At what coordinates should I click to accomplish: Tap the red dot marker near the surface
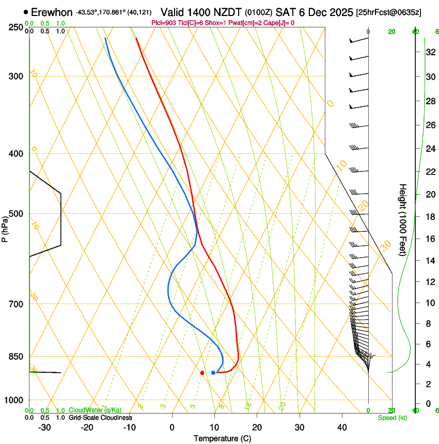click(202, 373)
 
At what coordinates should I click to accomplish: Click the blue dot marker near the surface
click(213, 373)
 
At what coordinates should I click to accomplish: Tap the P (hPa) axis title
click(5, 227)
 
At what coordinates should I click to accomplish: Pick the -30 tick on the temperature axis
click(44, 427)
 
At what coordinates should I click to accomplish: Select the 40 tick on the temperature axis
click(341, 427)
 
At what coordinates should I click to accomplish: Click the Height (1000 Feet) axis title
click(403, 219)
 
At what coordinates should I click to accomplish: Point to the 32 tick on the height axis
click(429, 52)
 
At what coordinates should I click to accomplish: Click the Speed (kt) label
click(392, 418)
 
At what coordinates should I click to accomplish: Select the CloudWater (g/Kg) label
click(95, 410)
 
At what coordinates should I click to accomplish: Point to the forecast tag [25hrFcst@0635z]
click(388, 12)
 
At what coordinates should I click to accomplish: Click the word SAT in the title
click(285, 11)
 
